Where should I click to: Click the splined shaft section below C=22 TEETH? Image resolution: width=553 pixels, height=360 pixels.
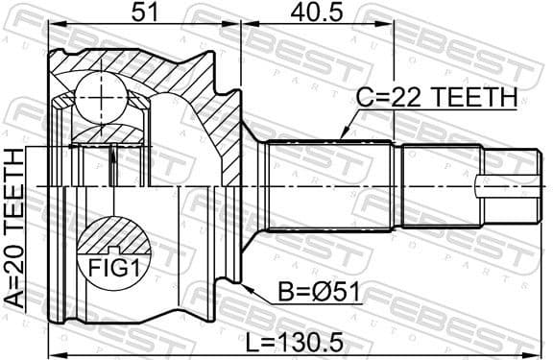326,184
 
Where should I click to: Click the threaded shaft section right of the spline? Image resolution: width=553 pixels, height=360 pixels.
436,184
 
